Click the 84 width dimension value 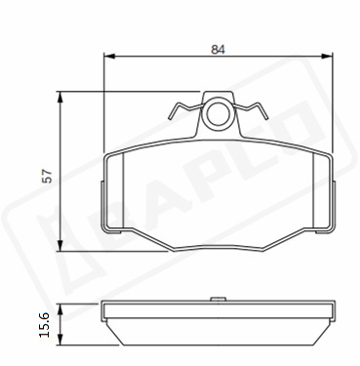[218, 50]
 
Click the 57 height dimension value [48, 176]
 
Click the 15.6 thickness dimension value [44, 325]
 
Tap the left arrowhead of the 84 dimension [109, 57]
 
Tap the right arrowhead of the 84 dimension [328, 57]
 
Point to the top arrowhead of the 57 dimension [60, 98]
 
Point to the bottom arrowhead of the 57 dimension [60, 245]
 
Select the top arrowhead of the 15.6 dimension [60, 309]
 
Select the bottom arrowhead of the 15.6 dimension [60, 340]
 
